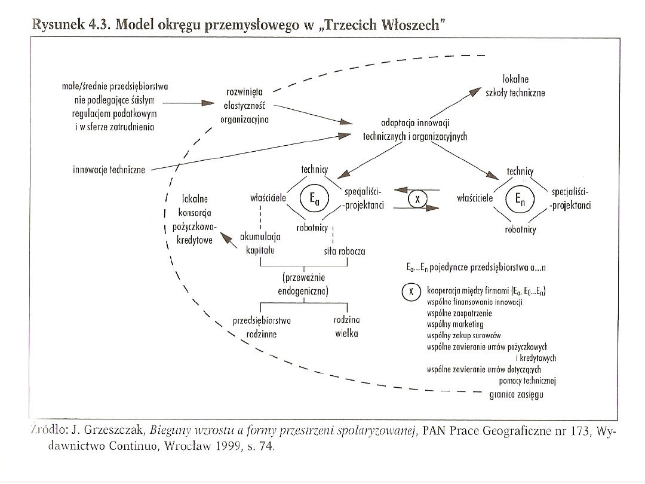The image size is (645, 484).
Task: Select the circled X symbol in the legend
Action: coord(410,292)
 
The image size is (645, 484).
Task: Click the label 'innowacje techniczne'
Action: coord(109,170)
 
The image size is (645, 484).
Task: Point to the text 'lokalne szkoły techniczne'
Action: coord(516,86)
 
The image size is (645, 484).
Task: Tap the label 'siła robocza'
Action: coord(345,252)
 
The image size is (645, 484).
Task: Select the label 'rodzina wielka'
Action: coord(346,327)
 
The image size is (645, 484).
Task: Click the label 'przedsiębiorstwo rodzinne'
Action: coord(262,327)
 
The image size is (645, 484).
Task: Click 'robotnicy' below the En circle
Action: coord(520,229)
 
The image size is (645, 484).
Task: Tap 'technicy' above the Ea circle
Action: coord(315,169)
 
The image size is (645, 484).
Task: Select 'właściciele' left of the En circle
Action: coord(475,198)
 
